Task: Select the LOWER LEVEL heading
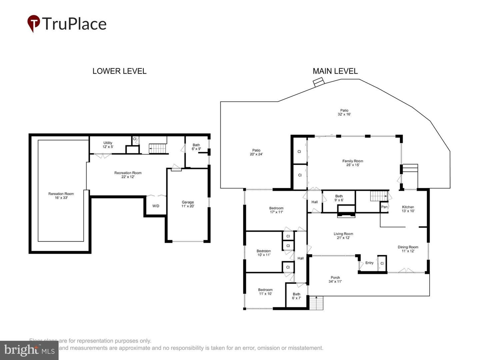119,71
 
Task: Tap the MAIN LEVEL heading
335,71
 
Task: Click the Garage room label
188,204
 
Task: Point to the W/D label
156,206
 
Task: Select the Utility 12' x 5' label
108,145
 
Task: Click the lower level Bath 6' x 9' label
196,147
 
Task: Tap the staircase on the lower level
157,148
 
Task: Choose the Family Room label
353,163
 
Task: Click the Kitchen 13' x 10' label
408,209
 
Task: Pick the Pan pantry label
384,207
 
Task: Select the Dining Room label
408,249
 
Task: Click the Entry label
369,263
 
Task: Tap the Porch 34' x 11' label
335,279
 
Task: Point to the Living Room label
343,236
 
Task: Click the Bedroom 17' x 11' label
276,210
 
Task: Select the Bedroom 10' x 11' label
264,253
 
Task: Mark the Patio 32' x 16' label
344,112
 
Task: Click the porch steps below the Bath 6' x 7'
316,303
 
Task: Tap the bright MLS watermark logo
29,350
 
